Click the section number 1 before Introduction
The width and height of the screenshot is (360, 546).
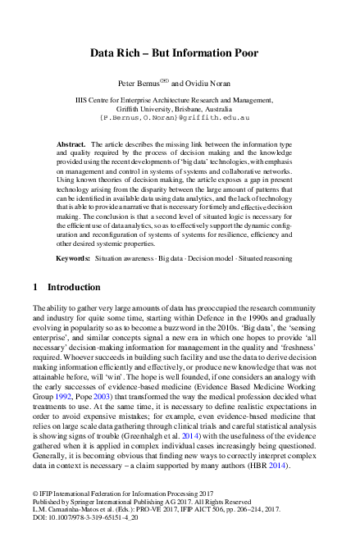(34, 288)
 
